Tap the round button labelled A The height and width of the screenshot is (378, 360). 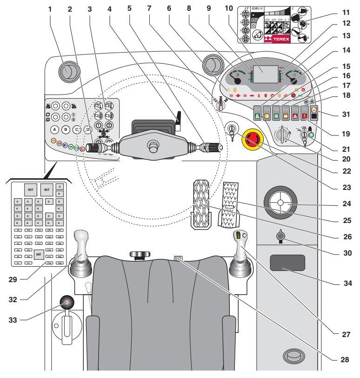click(54, 130)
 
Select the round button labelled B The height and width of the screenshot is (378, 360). click(66, 130)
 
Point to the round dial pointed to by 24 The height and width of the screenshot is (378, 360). click(280, 203)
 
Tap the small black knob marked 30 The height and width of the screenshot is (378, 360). click(280, 237)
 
